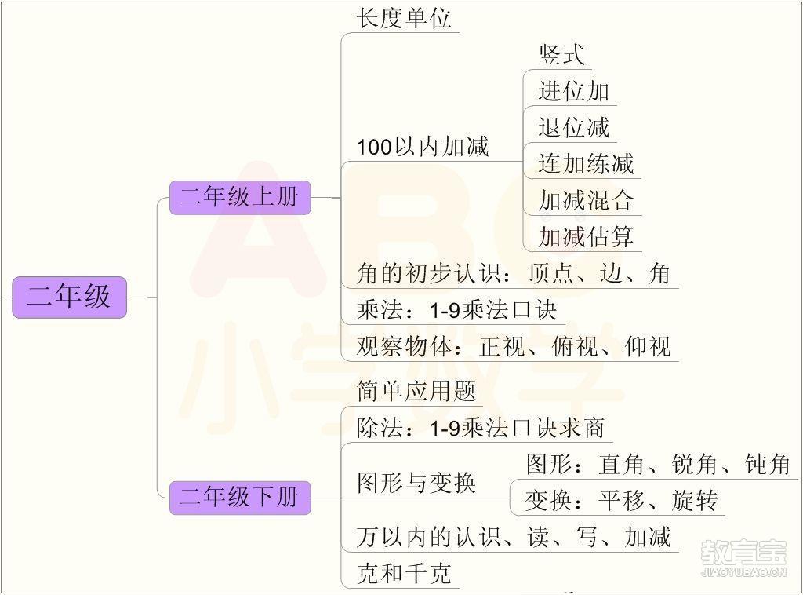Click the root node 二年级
tap(69, 297)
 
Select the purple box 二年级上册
tap(240, 197)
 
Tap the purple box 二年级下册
tap(240, 498)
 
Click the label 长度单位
tap(404, 19)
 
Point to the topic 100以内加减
tap(423, 147)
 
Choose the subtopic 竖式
tap(561, 55)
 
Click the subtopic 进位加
tap(573, 91)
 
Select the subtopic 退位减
tap(573, 128)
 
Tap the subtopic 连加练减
tap(586, 164)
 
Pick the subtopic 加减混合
tap(586, 200)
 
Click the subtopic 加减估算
tap(586, 237)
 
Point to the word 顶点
tap(550, 273)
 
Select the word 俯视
tap(575, 346)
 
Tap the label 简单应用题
tap(416, 391)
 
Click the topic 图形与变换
tap(416, 483)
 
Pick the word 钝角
tap(767, 465)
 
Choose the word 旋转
tap(695, 501)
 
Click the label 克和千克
tap(404, 574)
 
